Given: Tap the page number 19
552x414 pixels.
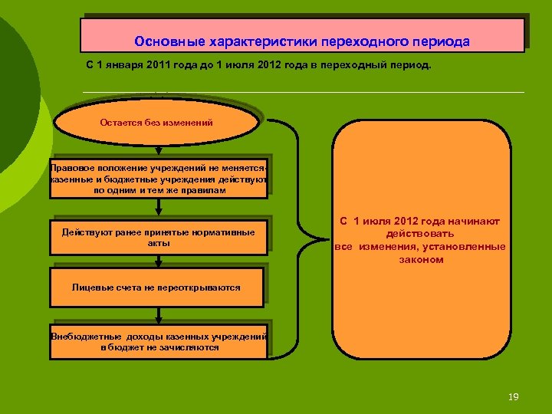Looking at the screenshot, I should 514,396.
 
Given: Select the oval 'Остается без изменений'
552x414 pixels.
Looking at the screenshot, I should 156,123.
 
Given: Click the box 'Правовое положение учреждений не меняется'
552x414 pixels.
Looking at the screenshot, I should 158,179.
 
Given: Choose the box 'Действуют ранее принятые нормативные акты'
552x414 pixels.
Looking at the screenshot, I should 158,237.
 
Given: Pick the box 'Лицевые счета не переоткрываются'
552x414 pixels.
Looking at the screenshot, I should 156,287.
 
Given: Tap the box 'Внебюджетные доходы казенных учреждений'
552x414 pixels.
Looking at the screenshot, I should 159,342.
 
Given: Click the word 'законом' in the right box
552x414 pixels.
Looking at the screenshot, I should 421,260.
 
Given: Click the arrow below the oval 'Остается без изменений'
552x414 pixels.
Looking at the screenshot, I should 158,150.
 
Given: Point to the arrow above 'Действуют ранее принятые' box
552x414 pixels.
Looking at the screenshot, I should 158,208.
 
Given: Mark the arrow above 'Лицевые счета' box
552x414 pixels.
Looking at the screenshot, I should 158,261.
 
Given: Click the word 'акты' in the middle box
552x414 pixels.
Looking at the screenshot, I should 158,243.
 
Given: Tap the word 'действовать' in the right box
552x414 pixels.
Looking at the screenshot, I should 420,233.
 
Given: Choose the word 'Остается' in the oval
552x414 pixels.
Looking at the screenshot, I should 120,123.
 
